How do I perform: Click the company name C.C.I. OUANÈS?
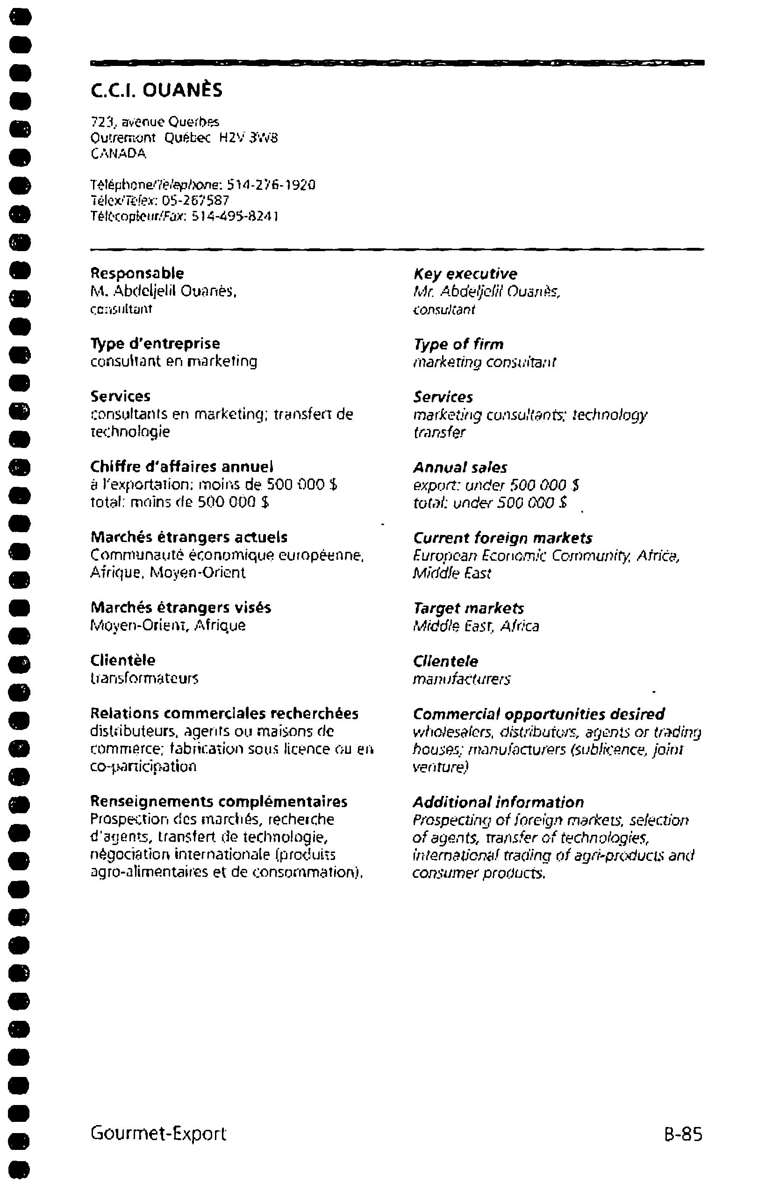coord(156,90)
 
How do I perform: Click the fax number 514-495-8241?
coord(236,217)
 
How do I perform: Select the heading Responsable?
coord(136,273)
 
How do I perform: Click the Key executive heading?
coord(465,274)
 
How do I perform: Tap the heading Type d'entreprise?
coord(155,344)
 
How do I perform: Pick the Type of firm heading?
coord(458,344)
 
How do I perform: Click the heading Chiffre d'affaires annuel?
coord(182,467)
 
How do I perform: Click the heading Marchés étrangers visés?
coord(181,607)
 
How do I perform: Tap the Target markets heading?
coord(468,608)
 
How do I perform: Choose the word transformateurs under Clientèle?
coord(144,678)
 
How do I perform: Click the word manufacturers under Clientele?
coord(461,679)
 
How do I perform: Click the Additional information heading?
coord(498,802)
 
